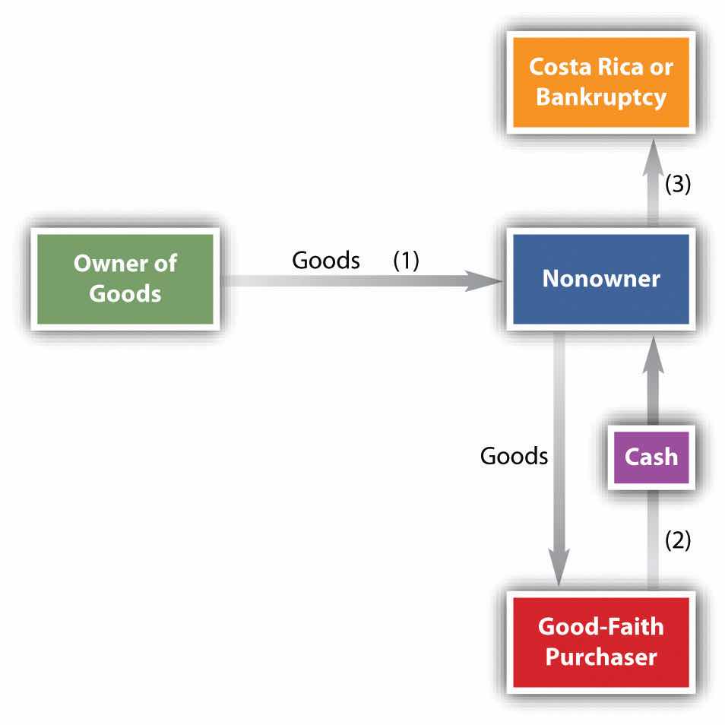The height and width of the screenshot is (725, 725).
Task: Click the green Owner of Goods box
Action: point(125,278)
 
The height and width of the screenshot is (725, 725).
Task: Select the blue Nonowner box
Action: point(600,279)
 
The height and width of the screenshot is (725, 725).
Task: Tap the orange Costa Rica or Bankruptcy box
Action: point(600,81)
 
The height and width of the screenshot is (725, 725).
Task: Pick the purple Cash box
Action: point(650,457)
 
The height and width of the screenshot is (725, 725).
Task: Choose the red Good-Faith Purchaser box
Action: point(600,642)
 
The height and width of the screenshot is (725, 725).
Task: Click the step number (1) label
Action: point(406,260)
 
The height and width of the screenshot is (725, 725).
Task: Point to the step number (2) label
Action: point(678,540)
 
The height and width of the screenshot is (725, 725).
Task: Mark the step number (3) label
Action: point(678,185)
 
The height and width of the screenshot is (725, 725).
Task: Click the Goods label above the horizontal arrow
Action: point(326,260)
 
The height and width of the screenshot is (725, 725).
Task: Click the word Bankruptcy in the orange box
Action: point(600,97)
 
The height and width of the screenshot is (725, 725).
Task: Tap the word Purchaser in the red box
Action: point(600,656)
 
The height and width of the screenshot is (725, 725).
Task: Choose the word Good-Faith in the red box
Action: point(600,627)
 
